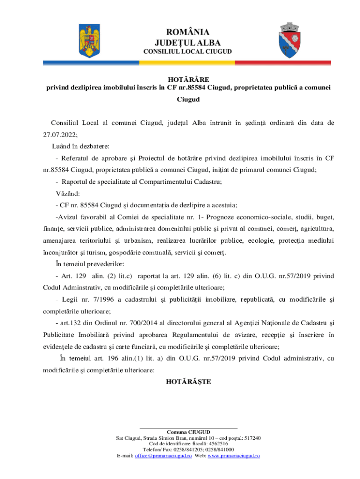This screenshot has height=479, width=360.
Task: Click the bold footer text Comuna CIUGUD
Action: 188,431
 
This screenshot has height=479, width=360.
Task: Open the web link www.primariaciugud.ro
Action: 234,456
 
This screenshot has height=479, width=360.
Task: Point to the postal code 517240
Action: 252,438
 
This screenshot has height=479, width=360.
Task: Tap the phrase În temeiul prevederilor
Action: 89,263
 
